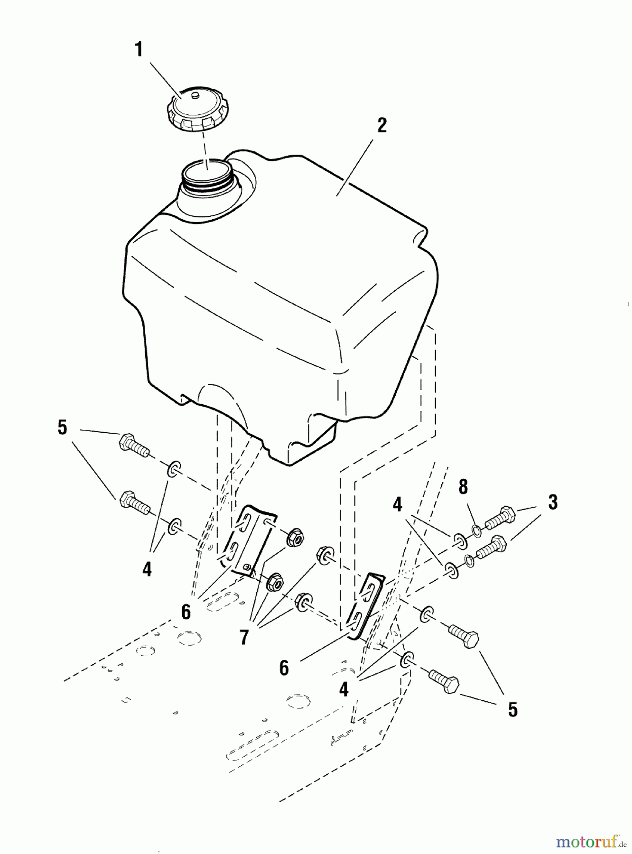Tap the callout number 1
point(139,49)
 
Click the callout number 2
point(381,125)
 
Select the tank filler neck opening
point(207,171)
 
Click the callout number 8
point(463,487)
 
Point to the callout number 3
point(553,502)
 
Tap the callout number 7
point(244,637)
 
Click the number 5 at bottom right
point(512,710)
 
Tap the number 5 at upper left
point(63,427)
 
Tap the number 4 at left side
point(147,568)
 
